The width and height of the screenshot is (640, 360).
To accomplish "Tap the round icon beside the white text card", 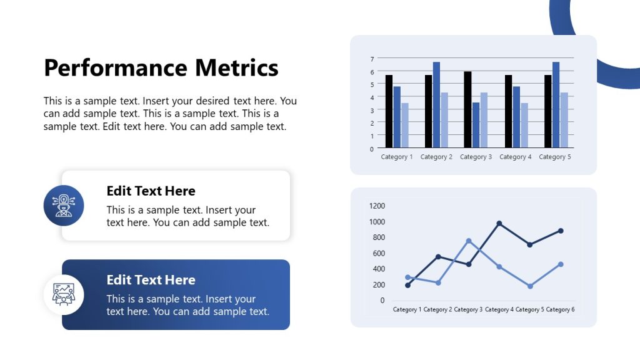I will pos(64,206).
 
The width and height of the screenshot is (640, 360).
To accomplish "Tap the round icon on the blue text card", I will pos(64,294).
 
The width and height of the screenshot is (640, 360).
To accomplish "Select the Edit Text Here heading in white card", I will pos(151,191).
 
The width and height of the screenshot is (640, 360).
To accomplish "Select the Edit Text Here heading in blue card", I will pos(151,280).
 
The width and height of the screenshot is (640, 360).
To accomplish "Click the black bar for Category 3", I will pos(467,110).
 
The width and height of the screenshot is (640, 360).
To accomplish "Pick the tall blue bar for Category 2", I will pos(436,105).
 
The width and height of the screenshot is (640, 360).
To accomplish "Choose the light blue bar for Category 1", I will pos(405,126).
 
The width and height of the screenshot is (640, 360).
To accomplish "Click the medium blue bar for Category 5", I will pos(556,105).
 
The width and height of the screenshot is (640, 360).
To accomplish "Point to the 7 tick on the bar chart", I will pos(372,59).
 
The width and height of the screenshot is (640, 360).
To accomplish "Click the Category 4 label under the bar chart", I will pos(516,157).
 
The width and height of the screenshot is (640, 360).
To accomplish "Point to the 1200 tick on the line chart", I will pos(377,206).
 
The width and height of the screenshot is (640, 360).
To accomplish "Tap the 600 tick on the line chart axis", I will pos(377,253).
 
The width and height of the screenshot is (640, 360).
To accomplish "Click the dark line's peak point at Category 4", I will pos(499,223).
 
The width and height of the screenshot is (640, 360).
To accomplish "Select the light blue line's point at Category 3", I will pos(468,241).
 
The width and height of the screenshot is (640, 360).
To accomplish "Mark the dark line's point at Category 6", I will pos(561,231).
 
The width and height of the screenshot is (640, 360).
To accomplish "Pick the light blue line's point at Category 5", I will pos(530,286).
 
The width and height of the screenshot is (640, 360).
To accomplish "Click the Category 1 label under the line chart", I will pos(407,309).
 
